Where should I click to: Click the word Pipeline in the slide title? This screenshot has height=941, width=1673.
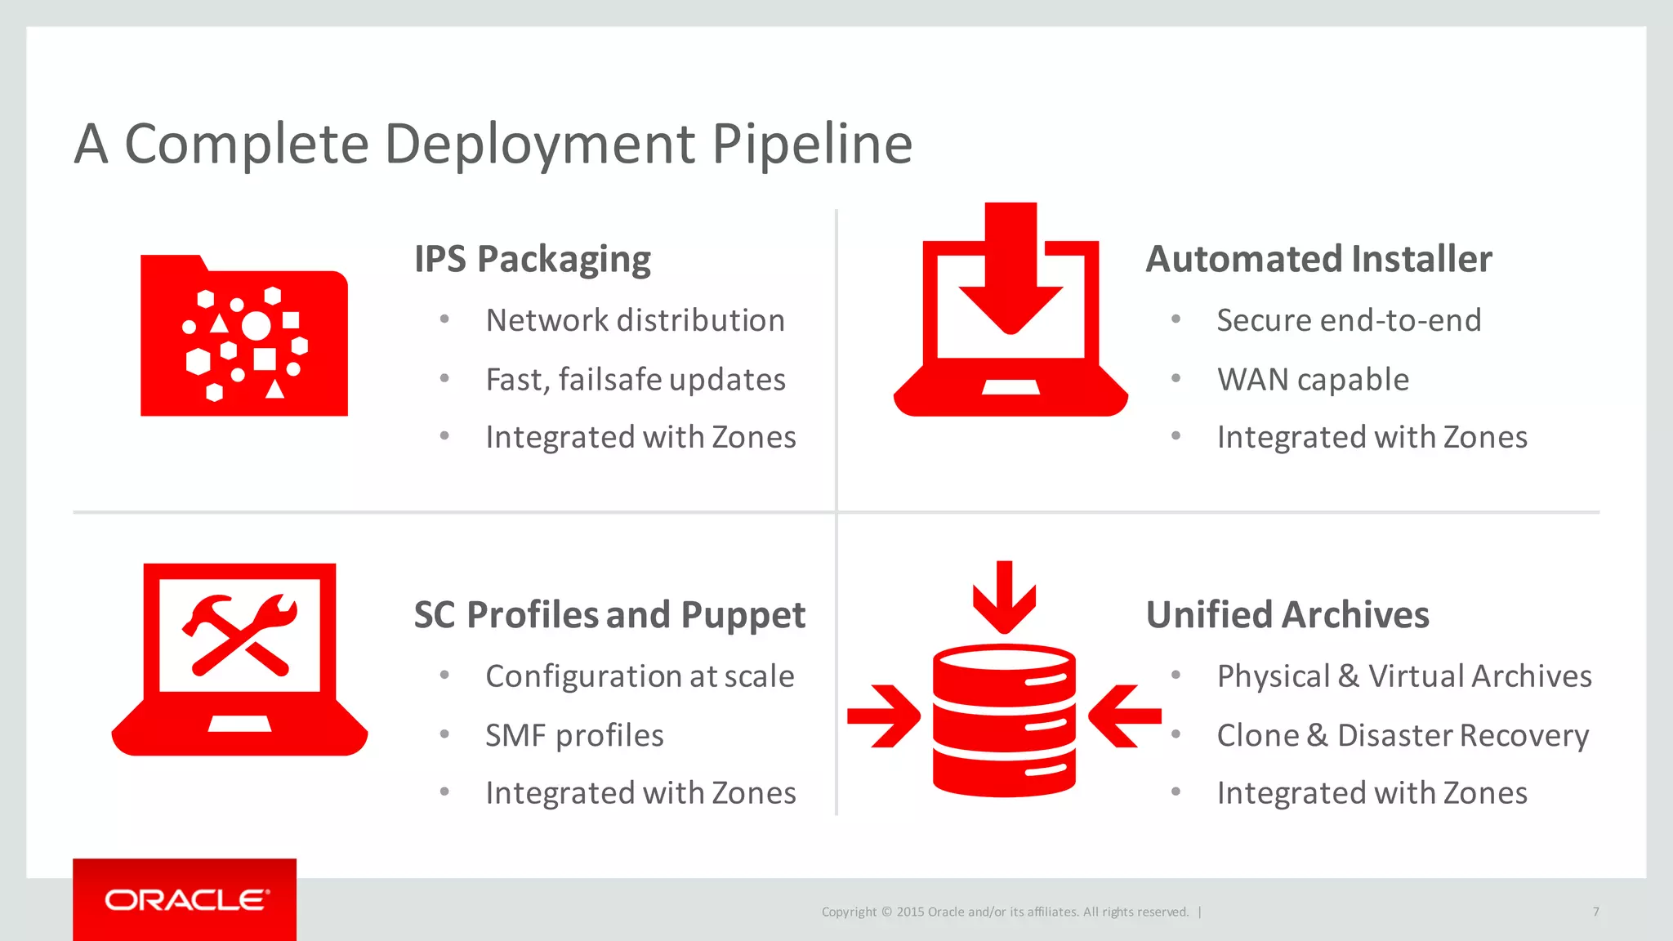(811, 145)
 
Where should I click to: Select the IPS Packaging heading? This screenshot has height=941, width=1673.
(532, 260)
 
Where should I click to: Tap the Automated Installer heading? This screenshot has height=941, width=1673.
(1318, 259)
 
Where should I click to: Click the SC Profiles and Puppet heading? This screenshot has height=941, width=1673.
(609, 615)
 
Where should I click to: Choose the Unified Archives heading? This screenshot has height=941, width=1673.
(1287, 615)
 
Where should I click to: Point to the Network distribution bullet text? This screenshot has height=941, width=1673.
(635, 320)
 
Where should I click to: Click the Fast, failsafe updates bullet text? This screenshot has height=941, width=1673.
(635, 380)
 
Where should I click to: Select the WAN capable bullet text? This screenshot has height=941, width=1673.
(1313, 380)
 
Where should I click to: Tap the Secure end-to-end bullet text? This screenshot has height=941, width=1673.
(1349, 320)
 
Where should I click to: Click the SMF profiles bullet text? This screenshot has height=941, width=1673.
(574, 735)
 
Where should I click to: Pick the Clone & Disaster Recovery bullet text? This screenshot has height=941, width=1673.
(1403, 735)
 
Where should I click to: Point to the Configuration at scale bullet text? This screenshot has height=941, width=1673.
(640, 676)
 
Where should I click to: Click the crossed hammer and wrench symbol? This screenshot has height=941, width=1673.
(239, 635)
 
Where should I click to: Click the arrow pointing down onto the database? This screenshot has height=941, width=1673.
(1004, 596)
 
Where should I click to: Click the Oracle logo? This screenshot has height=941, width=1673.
(185, 900)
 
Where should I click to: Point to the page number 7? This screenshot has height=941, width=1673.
(1595, 912)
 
